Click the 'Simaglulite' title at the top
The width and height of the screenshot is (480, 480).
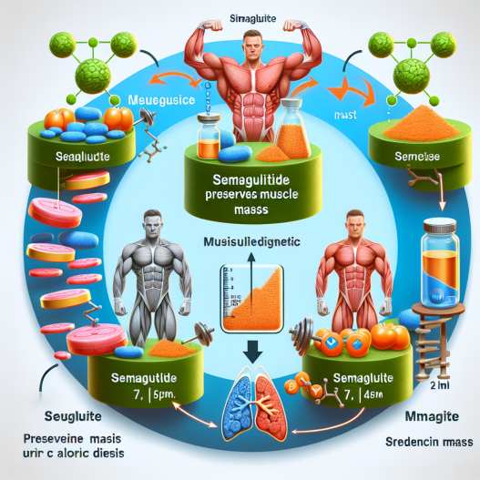click(240, 8)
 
